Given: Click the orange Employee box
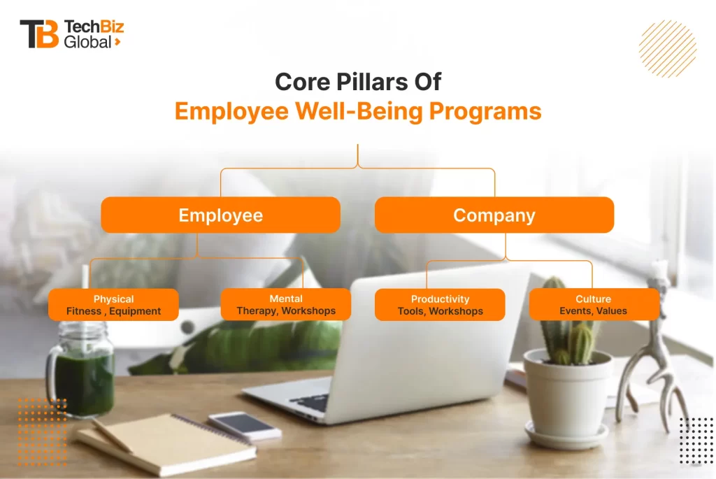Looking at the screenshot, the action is point(220,215).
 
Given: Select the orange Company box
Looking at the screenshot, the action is point(494,215).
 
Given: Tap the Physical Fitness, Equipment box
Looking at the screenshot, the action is point(113,305).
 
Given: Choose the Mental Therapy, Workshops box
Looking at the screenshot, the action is point(286,304).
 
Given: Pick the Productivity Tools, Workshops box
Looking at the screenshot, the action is point(440,305).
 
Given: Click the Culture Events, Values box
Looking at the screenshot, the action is point(594,304).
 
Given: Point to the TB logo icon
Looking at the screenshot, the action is point(39,34).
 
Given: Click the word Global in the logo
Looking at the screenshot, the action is point(87,42).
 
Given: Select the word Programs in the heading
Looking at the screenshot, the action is point(485,111).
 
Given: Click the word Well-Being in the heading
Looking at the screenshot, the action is point(359,111).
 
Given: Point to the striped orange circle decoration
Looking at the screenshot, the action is point(668,48).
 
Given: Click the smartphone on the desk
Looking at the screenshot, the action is point(245,426).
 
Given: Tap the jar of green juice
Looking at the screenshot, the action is point(81,370).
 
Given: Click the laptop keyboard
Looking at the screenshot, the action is point(310,403).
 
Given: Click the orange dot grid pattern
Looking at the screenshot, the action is point(43,432).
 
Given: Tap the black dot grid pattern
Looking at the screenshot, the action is point(696,441).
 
